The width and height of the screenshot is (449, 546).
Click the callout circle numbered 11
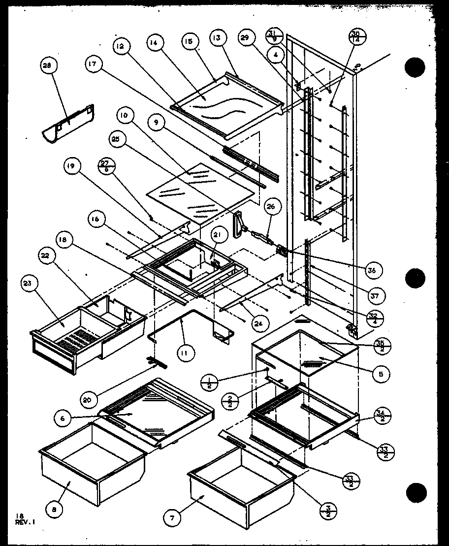click(188, 353)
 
